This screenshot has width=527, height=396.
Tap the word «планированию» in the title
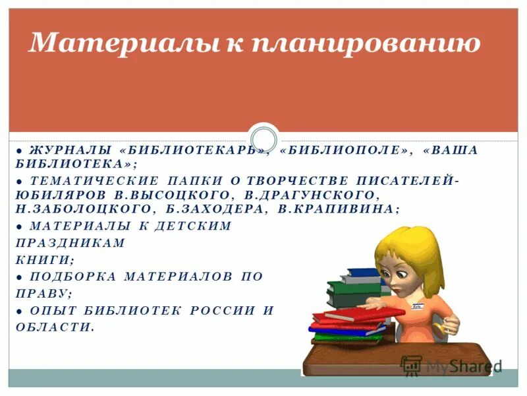point(366,44)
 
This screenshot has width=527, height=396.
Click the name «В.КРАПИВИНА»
point(336,209)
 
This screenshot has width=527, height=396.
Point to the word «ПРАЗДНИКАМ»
point(70,243)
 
